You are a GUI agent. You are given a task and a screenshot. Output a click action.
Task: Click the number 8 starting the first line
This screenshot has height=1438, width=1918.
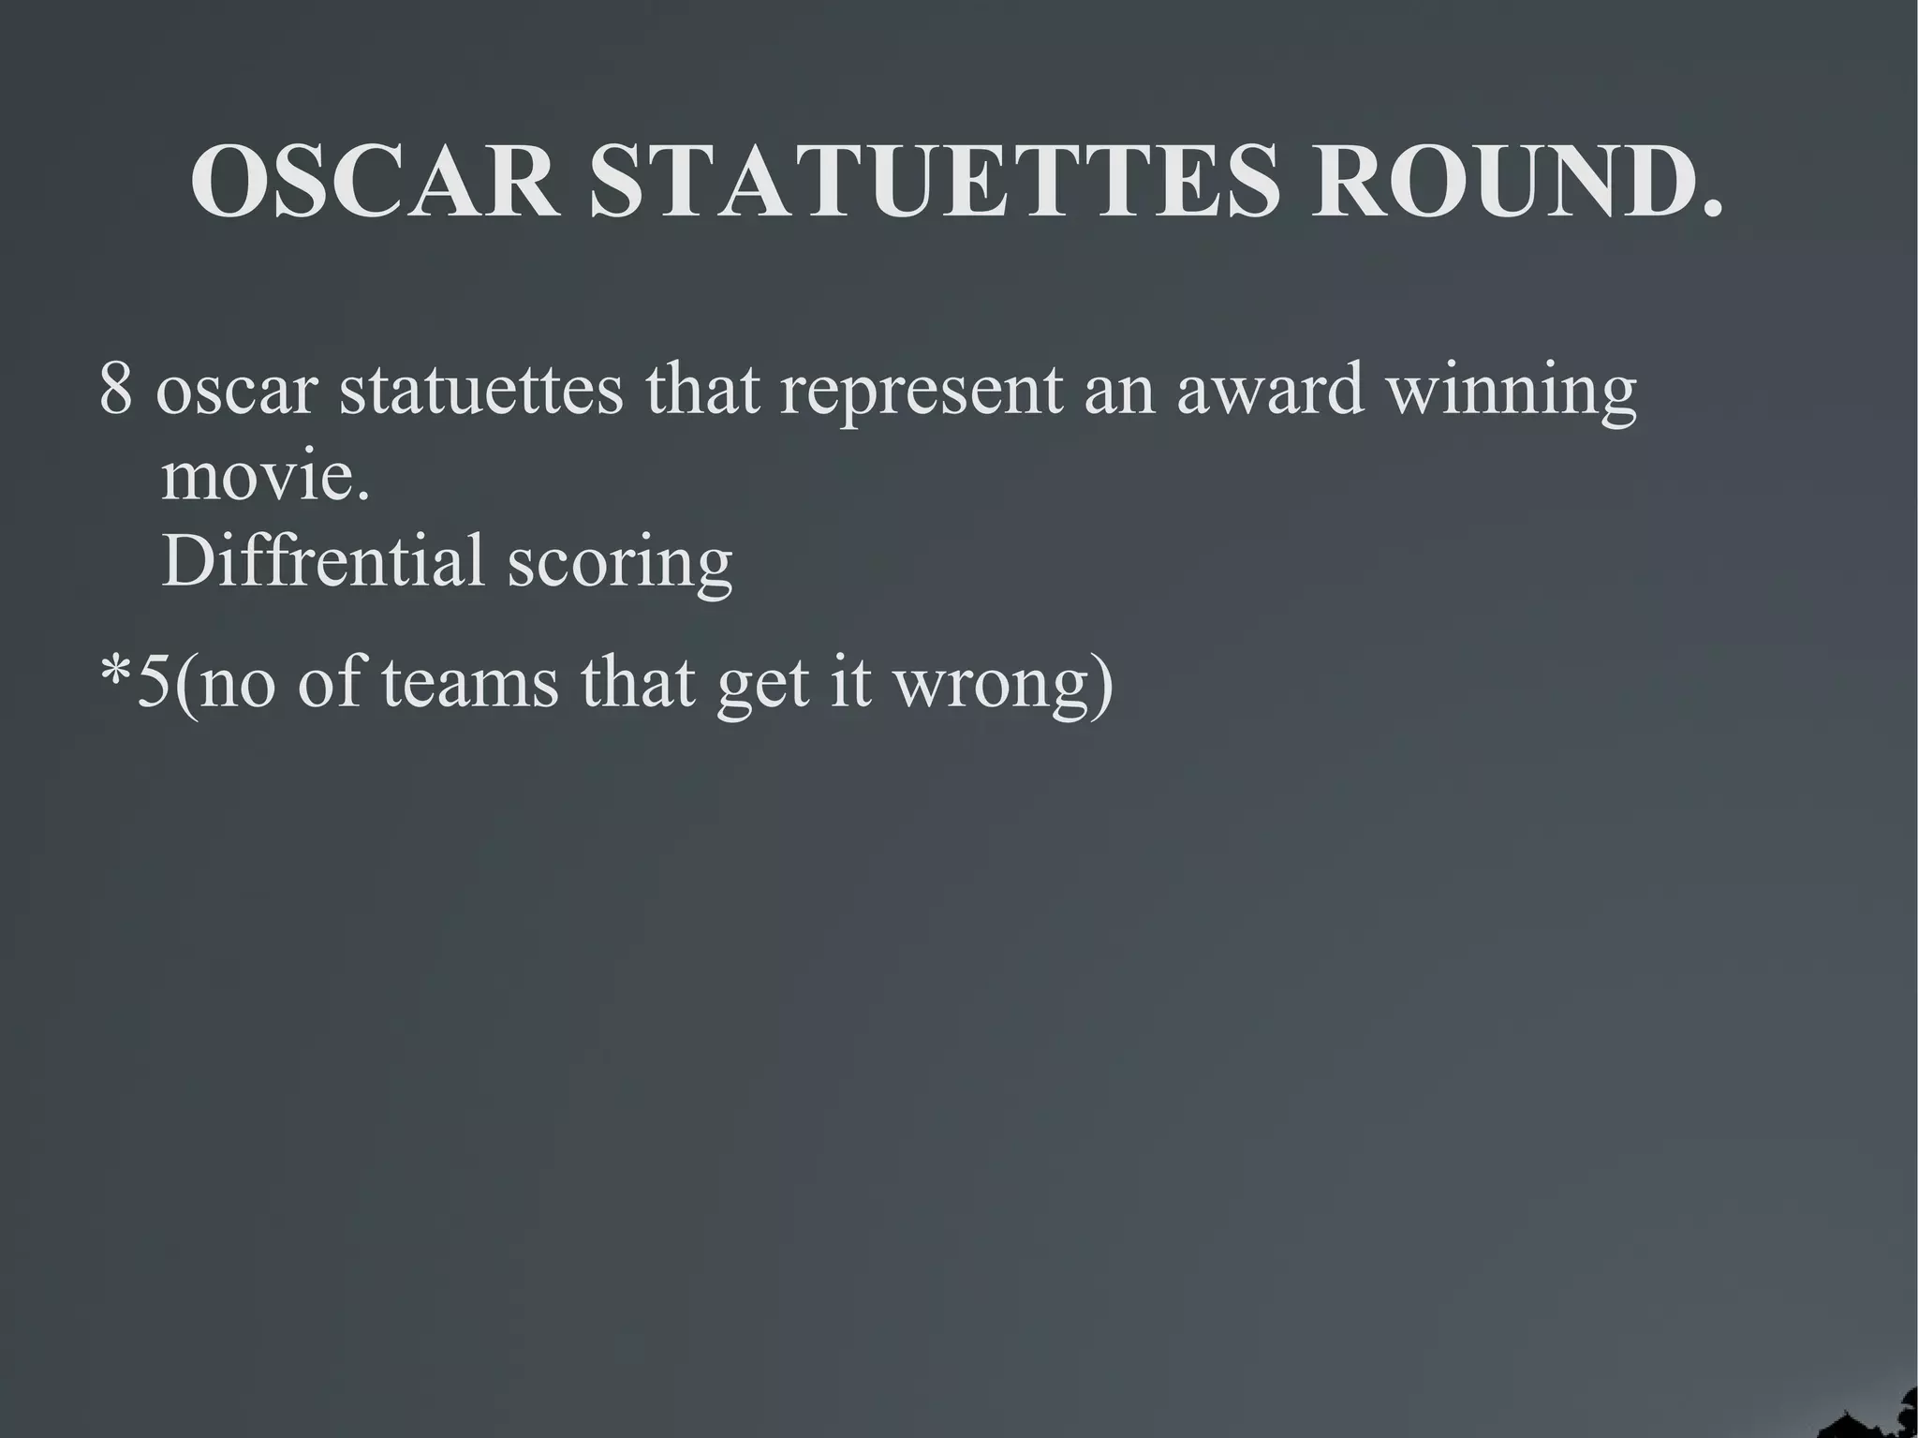tap(116, 389)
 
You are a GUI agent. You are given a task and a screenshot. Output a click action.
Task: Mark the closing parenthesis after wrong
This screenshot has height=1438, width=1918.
tap(1103, 684)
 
